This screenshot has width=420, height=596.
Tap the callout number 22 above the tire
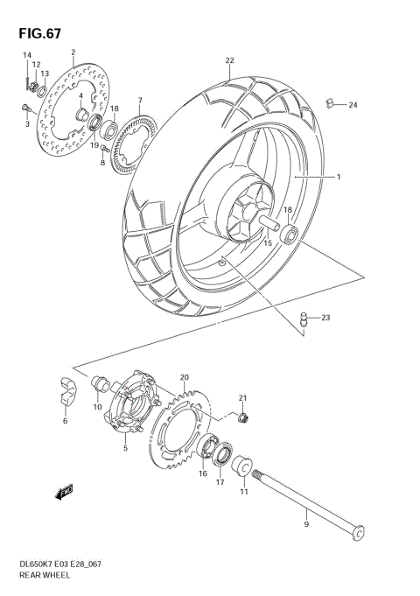pos(229,60)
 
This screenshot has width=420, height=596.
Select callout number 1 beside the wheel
pos(338,177)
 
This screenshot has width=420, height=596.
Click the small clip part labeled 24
pos(331,105)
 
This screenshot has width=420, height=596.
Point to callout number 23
pos(325,317)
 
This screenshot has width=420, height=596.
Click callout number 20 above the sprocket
pos(185,377)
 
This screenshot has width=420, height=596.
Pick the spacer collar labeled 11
pos(242,465)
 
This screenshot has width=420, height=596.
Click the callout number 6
pos(64,422)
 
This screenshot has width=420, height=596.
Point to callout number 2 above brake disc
pos(73,53)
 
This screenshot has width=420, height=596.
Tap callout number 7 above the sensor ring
pos(139,101)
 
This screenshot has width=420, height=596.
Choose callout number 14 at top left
pos(26,55)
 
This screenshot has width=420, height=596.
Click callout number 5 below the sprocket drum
pos(125,448)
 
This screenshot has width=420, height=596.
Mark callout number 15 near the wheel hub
pos(268,242)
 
